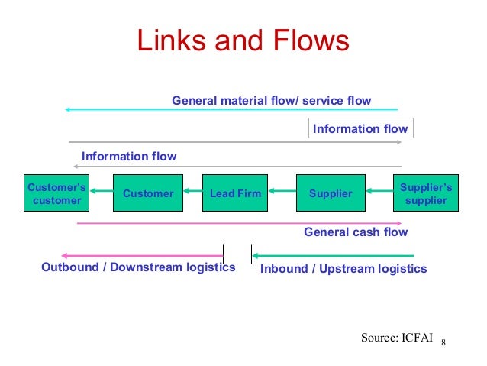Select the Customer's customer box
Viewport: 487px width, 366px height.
click(56, 193)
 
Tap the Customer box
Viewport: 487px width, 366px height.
click(148, 193)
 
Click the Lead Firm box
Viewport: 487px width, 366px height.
click(235, 193)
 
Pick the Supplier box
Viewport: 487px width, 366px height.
click(331, 193)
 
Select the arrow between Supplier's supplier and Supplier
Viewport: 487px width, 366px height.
click(378, 193)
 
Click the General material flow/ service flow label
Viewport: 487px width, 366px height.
click(271, 100)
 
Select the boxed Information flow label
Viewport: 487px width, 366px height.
click(360, 128)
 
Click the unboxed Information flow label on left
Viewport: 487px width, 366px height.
click(129, 157)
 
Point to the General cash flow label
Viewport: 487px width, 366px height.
click(356, 232)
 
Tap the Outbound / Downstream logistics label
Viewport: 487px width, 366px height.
click(138, 268)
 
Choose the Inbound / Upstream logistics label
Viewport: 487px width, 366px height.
click(343, 268)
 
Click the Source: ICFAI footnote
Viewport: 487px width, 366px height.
click(396, 335)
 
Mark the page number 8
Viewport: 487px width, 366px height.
click(443, 340)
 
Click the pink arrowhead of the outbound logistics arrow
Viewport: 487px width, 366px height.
click(66, 255)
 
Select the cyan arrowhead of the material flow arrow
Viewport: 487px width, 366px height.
click(69, 109)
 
